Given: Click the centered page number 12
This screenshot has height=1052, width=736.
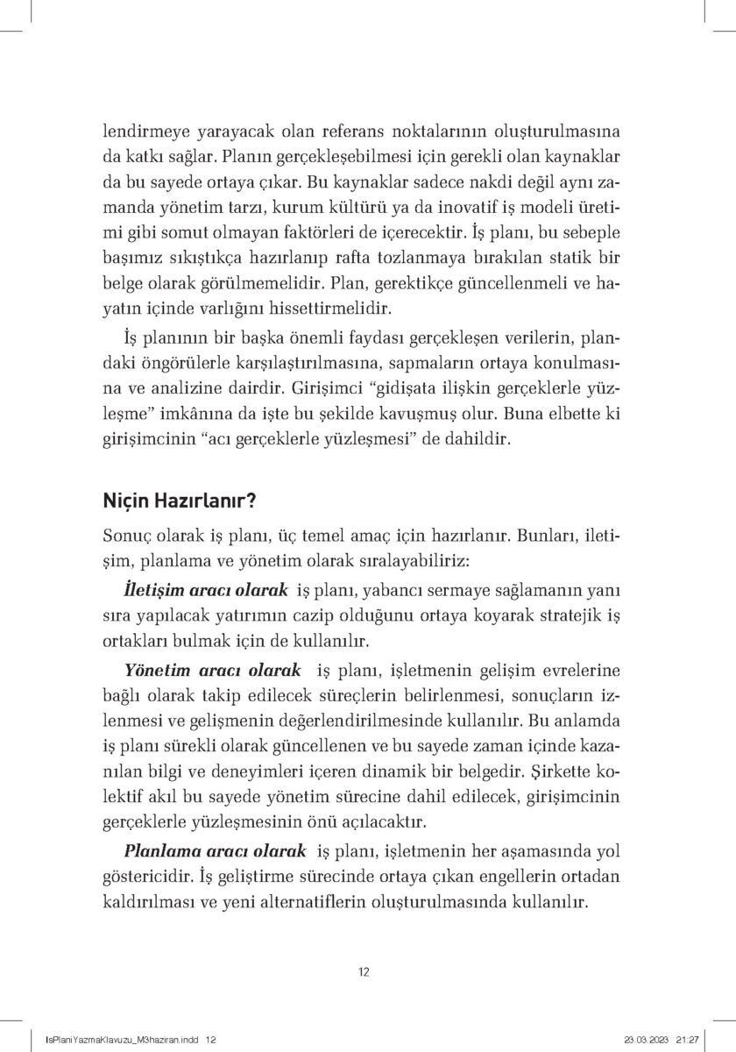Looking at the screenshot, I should [x=367, y=971].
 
